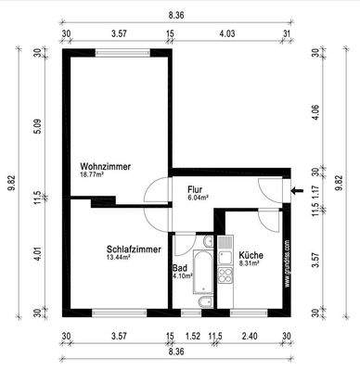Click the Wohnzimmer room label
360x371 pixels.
(x=105, y=166)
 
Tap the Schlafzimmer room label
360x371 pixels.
(x=135, y=249)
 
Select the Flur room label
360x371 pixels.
(x=196, y=188)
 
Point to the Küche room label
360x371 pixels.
(x=251, y=255)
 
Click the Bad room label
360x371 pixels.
(x=180, y=267)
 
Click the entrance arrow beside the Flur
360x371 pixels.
(x=296, y=192)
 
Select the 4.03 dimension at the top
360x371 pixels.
(x=227, y=34)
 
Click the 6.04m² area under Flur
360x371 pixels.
(x=199, y=197)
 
